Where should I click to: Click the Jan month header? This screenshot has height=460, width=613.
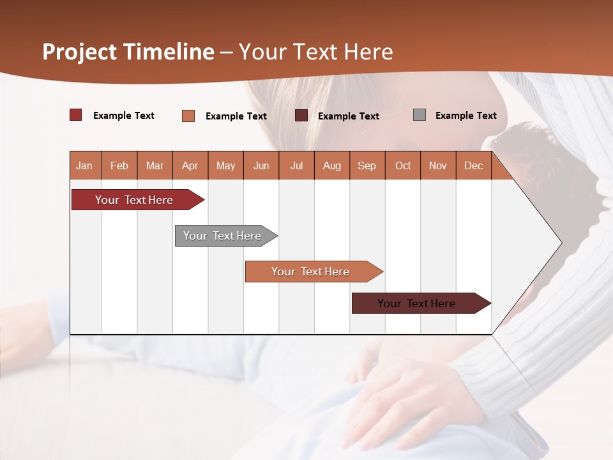85,165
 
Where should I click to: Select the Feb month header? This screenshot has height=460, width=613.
119,165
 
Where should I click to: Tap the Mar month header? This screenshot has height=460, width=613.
155,165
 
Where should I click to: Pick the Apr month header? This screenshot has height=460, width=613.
190,165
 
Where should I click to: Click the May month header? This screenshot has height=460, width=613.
225,165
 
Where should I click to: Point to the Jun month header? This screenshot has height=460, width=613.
261,165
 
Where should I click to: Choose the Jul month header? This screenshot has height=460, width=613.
296,165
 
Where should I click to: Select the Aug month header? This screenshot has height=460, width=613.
332,165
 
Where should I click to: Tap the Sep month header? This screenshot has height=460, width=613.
367,165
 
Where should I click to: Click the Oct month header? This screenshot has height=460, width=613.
403,165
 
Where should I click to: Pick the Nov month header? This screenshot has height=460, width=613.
438,165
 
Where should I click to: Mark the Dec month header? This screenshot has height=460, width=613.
474,165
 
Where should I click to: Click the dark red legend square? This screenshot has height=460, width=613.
76,115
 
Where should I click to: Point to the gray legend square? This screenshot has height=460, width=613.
420,115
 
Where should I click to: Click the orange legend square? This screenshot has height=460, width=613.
188,116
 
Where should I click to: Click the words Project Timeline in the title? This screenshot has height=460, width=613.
128,52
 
